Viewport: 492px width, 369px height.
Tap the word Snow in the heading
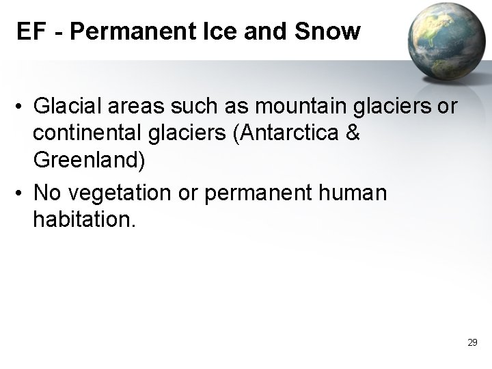point(333,32)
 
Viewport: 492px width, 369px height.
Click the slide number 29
point(471,342)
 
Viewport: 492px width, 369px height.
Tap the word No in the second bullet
point(46,193)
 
